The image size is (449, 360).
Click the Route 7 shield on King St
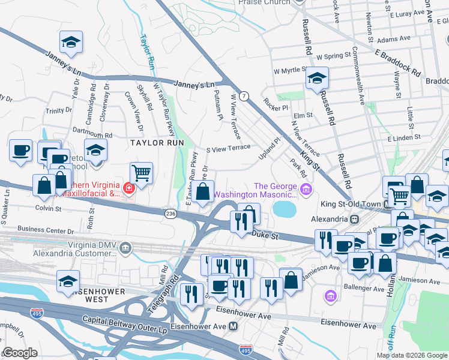[x=244, y=96]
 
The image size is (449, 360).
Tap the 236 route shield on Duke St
[x=170, y=213]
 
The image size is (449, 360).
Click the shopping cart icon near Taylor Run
[x=141, y=173]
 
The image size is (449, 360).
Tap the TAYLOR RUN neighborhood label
[x=156, y=143]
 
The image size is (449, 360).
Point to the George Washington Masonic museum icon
[x=306, y=190]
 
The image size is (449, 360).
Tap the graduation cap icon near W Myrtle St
[x=317, y=79]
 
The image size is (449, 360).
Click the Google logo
[x=20, y=352]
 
